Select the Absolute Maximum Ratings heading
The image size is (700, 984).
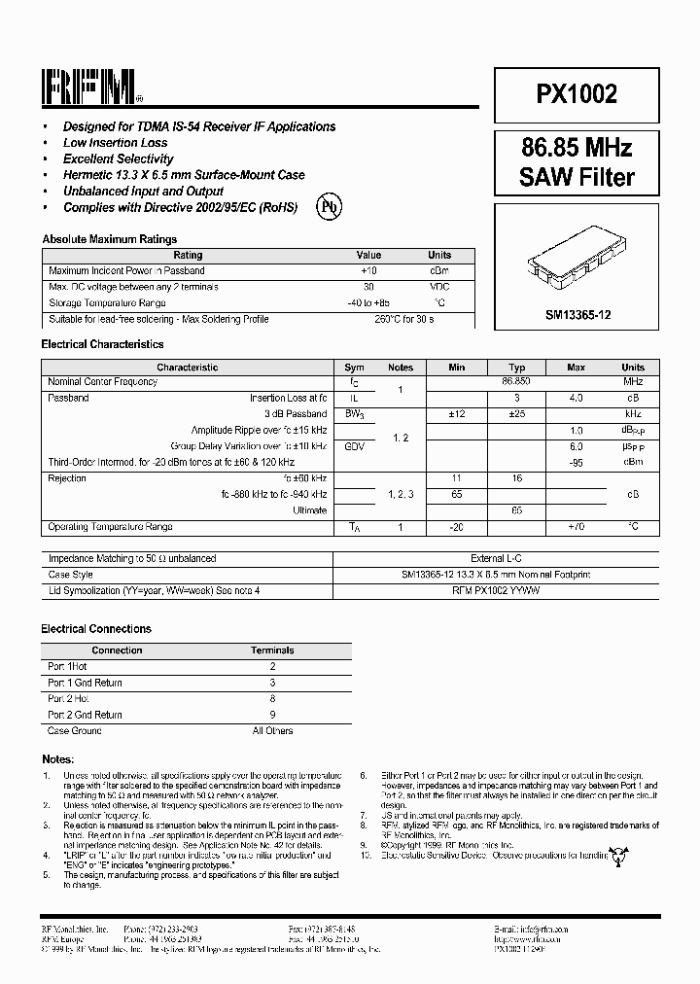click(x=109, y=239)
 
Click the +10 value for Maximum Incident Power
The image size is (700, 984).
click(x=367, y=270)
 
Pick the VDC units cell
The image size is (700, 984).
click(x=439, y=287)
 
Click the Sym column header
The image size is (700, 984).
click(x=355, y=368)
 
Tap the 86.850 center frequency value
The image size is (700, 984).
click(x=516, y=382)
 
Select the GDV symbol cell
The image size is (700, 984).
click(x=355, y=446)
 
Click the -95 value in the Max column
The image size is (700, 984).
click(x=577, y=462)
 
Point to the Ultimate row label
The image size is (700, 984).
click(x=310, y=510)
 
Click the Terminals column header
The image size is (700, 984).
click(x=272, y=650)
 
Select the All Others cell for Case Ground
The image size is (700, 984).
click(x=272, y=730)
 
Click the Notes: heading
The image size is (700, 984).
click(x=57, y=758)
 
